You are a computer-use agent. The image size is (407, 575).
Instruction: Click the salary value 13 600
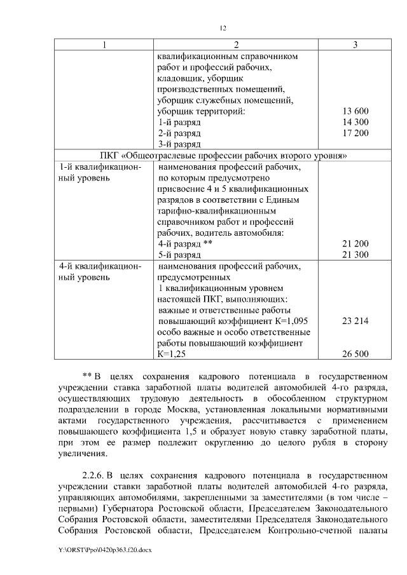coord(355,111)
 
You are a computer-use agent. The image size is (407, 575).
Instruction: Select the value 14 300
coord(355,122)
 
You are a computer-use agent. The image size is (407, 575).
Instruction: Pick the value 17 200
coord(355,133)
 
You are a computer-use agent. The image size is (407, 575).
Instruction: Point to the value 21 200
coord(355,243)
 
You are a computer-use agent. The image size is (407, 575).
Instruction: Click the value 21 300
coord(355,255)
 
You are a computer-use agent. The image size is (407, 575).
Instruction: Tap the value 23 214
coord(355,321)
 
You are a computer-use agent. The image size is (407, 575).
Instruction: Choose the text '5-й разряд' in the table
coord(179,255)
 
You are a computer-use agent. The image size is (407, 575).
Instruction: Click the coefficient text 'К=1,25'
coord(172,354)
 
